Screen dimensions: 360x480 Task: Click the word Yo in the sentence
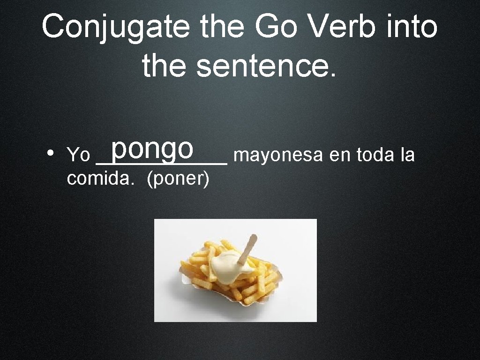click(x=79, y=155)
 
